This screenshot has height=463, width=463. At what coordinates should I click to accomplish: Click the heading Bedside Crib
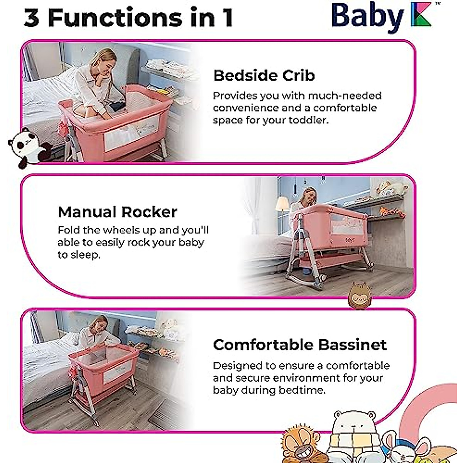point(264,75)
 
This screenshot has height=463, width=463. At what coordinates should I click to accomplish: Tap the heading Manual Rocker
point(117,212)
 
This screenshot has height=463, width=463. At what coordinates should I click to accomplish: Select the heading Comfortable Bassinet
point(299,345)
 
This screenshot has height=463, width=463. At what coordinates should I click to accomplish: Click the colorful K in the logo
point(421,16)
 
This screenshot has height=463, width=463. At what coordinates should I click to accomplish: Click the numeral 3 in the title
point(32,18)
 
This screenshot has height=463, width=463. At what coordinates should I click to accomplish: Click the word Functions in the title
point(115,18)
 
